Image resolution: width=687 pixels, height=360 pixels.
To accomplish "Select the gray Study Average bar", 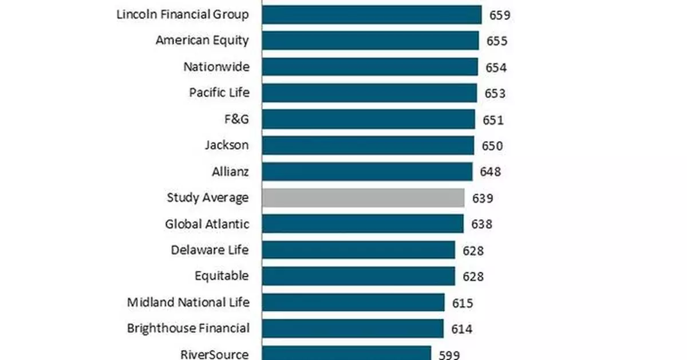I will pyautogui.click(x=363, y=198).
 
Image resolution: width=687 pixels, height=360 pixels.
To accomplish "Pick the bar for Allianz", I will pyautogui.click(x=367, y=172).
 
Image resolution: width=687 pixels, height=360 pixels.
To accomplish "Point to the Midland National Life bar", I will pyautogui.click(x=353, y=302).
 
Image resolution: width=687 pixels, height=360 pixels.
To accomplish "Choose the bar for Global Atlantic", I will pyautogui.click(x=362, y=224).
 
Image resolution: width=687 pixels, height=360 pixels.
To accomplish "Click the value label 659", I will pyautogui.click(x=499, y=15).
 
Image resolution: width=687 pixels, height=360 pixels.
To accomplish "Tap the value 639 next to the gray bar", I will pyautogui.click(x=483, y=199).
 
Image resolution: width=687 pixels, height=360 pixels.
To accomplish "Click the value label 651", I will pyautogui.click(x=493, y=120).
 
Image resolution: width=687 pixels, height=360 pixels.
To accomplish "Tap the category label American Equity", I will pyautogui.click(x=202, y=41).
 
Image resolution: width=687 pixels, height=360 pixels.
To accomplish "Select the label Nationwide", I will pyautogui.click(x=216, y=66).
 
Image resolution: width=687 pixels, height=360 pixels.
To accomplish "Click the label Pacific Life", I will pyautogui.click(x=219, y=93).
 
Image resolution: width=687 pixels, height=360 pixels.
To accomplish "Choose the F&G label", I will pyautogui.click(x=236, y=119).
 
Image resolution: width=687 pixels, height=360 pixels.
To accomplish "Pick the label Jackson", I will pyautogui.click(x=227, y=145).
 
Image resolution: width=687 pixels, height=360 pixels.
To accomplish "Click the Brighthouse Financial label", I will pyautogui.click(x=188, y=329).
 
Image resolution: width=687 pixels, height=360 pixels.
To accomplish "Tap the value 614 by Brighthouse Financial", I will pyautogui.click(x=461, y=329).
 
